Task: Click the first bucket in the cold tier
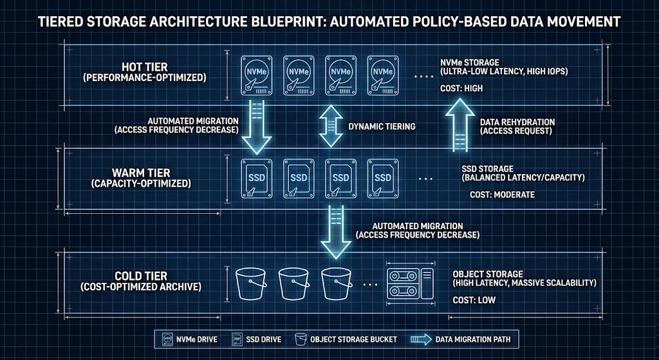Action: click(x=252, y=283)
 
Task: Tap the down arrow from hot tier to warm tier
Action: click(x=256, y=126)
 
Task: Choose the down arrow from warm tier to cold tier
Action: click(x=335, y=231)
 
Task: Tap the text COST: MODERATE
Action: click(x=502, y=194)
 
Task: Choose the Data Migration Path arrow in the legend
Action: click(x=422, y=338)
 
